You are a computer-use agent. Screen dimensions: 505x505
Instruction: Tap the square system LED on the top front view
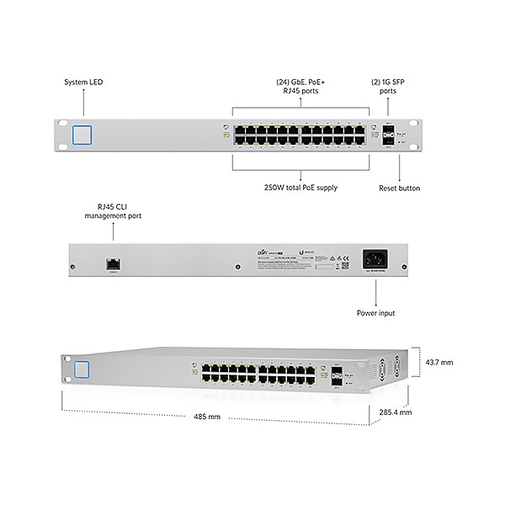point(82,135)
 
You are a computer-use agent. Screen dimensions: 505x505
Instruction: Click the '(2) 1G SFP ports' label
point(388,87)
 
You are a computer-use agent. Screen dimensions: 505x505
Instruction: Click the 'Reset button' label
point(400,189)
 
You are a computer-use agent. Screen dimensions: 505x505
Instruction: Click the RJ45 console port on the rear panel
point(113,263)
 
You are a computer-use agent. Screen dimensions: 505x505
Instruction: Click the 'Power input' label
point(376,313)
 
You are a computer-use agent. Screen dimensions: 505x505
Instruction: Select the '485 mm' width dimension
point(207,417)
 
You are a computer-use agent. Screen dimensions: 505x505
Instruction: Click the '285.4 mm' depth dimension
point(395,413)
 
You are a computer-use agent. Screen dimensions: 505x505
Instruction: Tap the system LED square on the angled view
point(82,369)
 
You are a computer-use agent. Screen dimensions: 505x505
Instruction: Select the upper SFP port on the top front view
point(389,130)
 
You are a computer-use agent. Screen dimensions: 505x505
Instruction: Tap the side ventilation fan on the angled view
point(386,369)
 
